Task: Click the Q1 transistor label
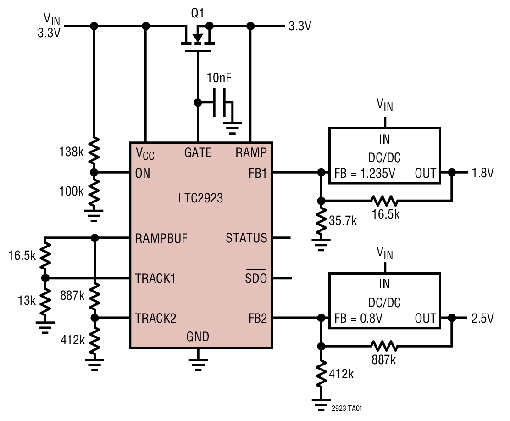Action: pyautogui.click(x=197, y=14)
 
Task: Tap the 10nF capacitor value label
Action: pyautogui.click(x=219, y=78)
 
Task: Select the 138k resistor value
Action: pyautogui.click(x=71, y=152)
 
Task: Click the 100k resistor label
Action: pyautogui.click(x=71, y=191)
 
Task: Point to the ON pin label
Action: pyautogui.click(x=143, y=173)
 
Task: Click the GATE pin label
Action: pyautogui.click(x=198, y=152)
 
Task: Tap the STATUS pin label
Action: pyautogui.click(x=246, y=238)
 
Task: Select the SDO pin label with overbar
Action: pyautogui.click(x=256, y=278)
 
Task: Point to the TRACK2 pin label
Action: pyautogui.click(x=155, y=318)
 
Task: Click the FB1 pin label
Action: pyautogui.click(x=257, y=173)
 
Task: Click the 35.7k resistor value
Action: pyautogui.click(x=344, y=221)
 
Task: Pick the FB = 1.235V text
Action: pyautogui.click(x=365, y=174)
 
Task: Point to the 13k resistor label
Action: pyautogui.click(x=27, y=301)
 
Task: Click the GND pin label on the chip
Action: pyautogui.click(x=198, y=337)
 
